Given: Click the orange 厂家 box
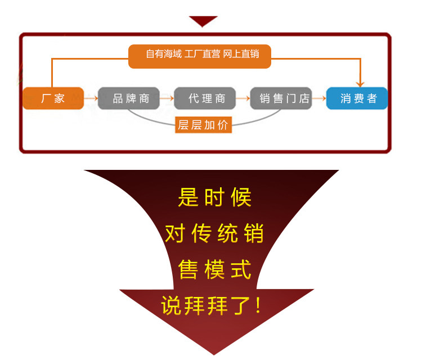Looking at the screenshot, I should (53, 98).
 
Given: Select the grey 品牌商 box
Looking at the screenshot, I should (129, 98).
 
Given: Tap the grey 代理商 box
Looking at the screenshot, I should (205, 98).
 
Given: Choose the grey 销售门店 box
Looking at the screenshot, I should (281, 98).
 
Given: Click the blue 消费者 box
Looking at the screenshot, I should (358, 98).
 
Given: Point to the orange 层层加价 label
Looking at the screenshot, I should (204, 125).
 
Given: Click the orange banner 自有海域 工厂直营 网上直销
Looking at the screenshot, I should (200, 55).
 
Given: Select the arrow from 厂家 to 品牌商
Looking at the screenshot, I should (91, 98).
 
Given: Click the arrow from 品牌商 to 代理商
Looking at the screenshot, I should (167, 98).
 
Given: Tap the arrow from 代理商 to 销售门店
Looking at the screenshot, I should (243, 98).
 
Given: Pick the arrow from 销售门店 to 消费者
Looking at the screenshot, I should (319, 98).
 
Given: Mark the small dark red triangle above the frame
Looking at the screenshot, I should (203, 21).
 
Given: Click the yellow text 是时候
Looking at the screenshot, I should (214, 197).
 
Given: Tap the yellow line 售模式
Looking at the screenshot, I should (214, 269).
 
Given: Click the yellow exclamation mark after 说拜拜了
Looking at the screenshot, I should (258, 305).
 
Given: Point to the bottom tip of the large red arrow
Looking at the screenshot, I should (214, 353).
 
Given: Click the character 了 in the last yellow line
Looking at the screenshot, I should (236, 305).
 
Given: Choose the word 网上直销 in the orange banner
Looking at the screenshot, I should (241, 55).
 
